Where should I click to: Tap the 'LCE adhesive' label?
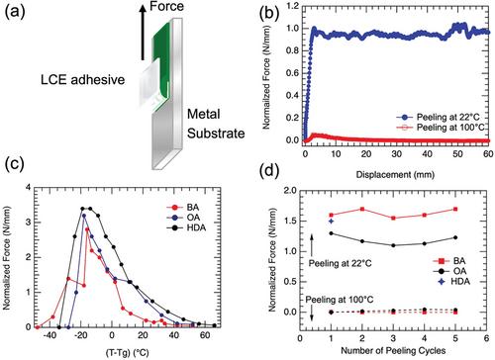point(82,80)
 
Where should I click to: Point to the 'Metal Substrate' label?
point(216,124)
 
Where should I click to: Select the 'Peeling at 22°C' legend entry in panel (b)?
point(439,117)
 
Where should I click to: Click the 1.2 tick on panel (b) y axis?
point(292,6)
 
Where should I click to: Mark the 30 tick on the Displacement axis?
point(397,154)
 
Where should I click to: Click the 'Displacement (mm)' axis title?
point(395,174)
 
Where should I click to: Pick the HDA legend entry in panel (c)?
point(187,227)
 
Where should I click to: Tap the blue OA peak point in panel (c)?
point(84,216)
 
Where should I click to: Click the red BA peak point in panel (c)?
point(87,229)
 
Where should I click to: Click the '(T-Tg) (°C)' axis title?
point(128,352)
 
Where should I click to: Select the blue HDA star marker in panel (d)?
point(331,221)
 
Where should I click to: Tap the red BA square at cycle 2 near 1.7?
point(362,209)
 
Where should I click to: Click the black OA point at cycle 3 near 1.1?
point(393,245)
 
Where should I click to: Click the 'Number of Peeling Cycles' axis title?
point(393,350)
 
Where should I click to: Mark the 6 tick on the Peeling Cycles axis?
point(486,338)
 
